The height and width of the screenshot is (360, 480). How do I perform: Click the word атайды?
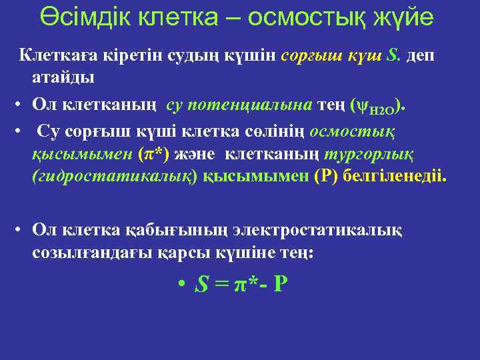coord(63,77)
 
